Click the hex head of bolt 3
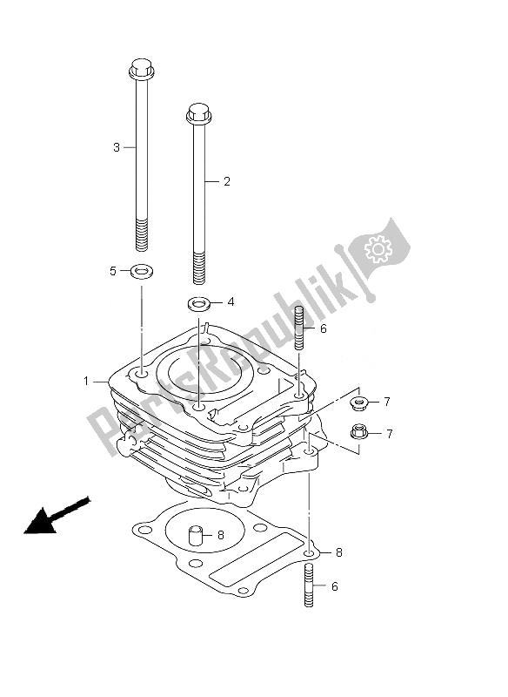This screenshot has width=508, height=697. (x=142, y=68)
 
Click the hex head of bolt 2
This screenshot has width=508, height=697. (x=198, y=113)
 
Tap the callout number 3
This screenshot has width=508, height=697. (x=117, y=147)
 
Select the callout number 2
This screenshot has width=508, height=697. (x=227, y=181)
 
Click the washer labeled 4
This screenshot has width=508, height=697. (x=198, y=304)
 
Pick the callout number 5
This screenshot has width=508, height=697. (x=113, y=271)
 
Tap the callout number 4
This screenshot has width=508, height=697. (x=231, y=301)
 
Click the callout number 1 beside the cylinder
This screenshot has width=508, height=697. (x=86, y=381)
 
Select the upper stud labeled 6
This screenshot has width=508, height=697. (x=299, y=329)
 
